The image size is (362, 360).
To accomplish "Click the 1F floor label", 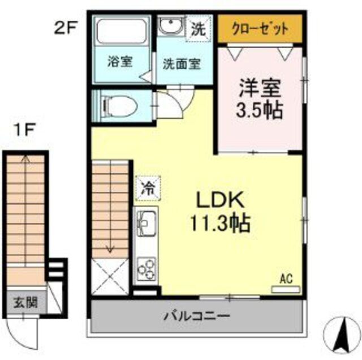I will pyautogui.click(x=25, y=131).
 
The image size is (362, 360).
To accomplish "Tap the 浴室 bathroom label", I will pyautogui.click(x=120, y=61).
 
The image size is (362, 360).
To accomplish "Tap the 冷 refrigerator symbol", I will pyautogui.click(x=148, y=188).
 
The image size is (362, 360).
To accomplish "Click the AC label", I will pyautogui.click(x=285, y=278).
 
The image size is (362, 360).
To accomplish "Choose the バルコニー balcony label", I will pyautogui.click(x=197, y=315).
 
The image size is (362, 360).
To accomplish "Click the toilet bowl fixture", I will pyautogui.click(x=119, y=105).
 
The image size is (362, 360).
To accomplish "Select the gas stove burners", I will pyautogui.click(x=146, y=268).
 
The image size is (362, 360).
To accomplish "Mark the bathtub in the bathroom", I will pyautogui.click(x=122, y=31).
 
